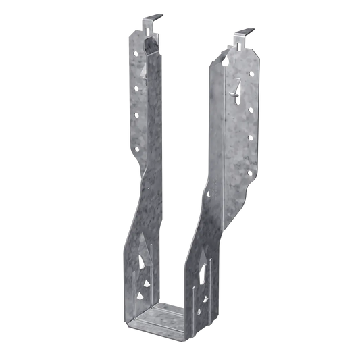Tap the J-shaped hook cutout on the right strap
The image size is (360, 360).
(237, 86)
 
